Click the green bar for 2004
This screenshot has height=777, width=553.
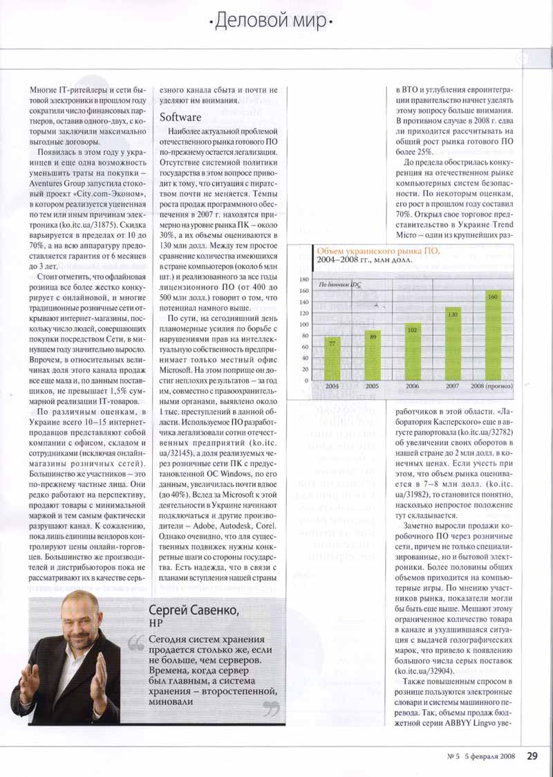point(332,357)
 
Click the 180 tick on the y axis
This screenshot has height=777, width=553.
point(303,279)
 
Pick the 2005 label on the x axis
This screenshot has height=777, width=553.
point(372,386)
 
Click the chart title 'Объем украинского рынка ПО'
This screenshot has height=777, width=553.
point(377,250)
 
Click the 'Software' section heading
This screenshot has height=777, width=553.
point(180,117)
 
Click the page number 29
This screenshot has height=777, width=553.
point(532,756)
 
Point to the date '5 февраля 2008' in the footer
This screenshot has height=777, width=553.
point(489,756)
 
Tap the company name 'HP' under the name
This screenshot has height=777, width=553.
point(156,624)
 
